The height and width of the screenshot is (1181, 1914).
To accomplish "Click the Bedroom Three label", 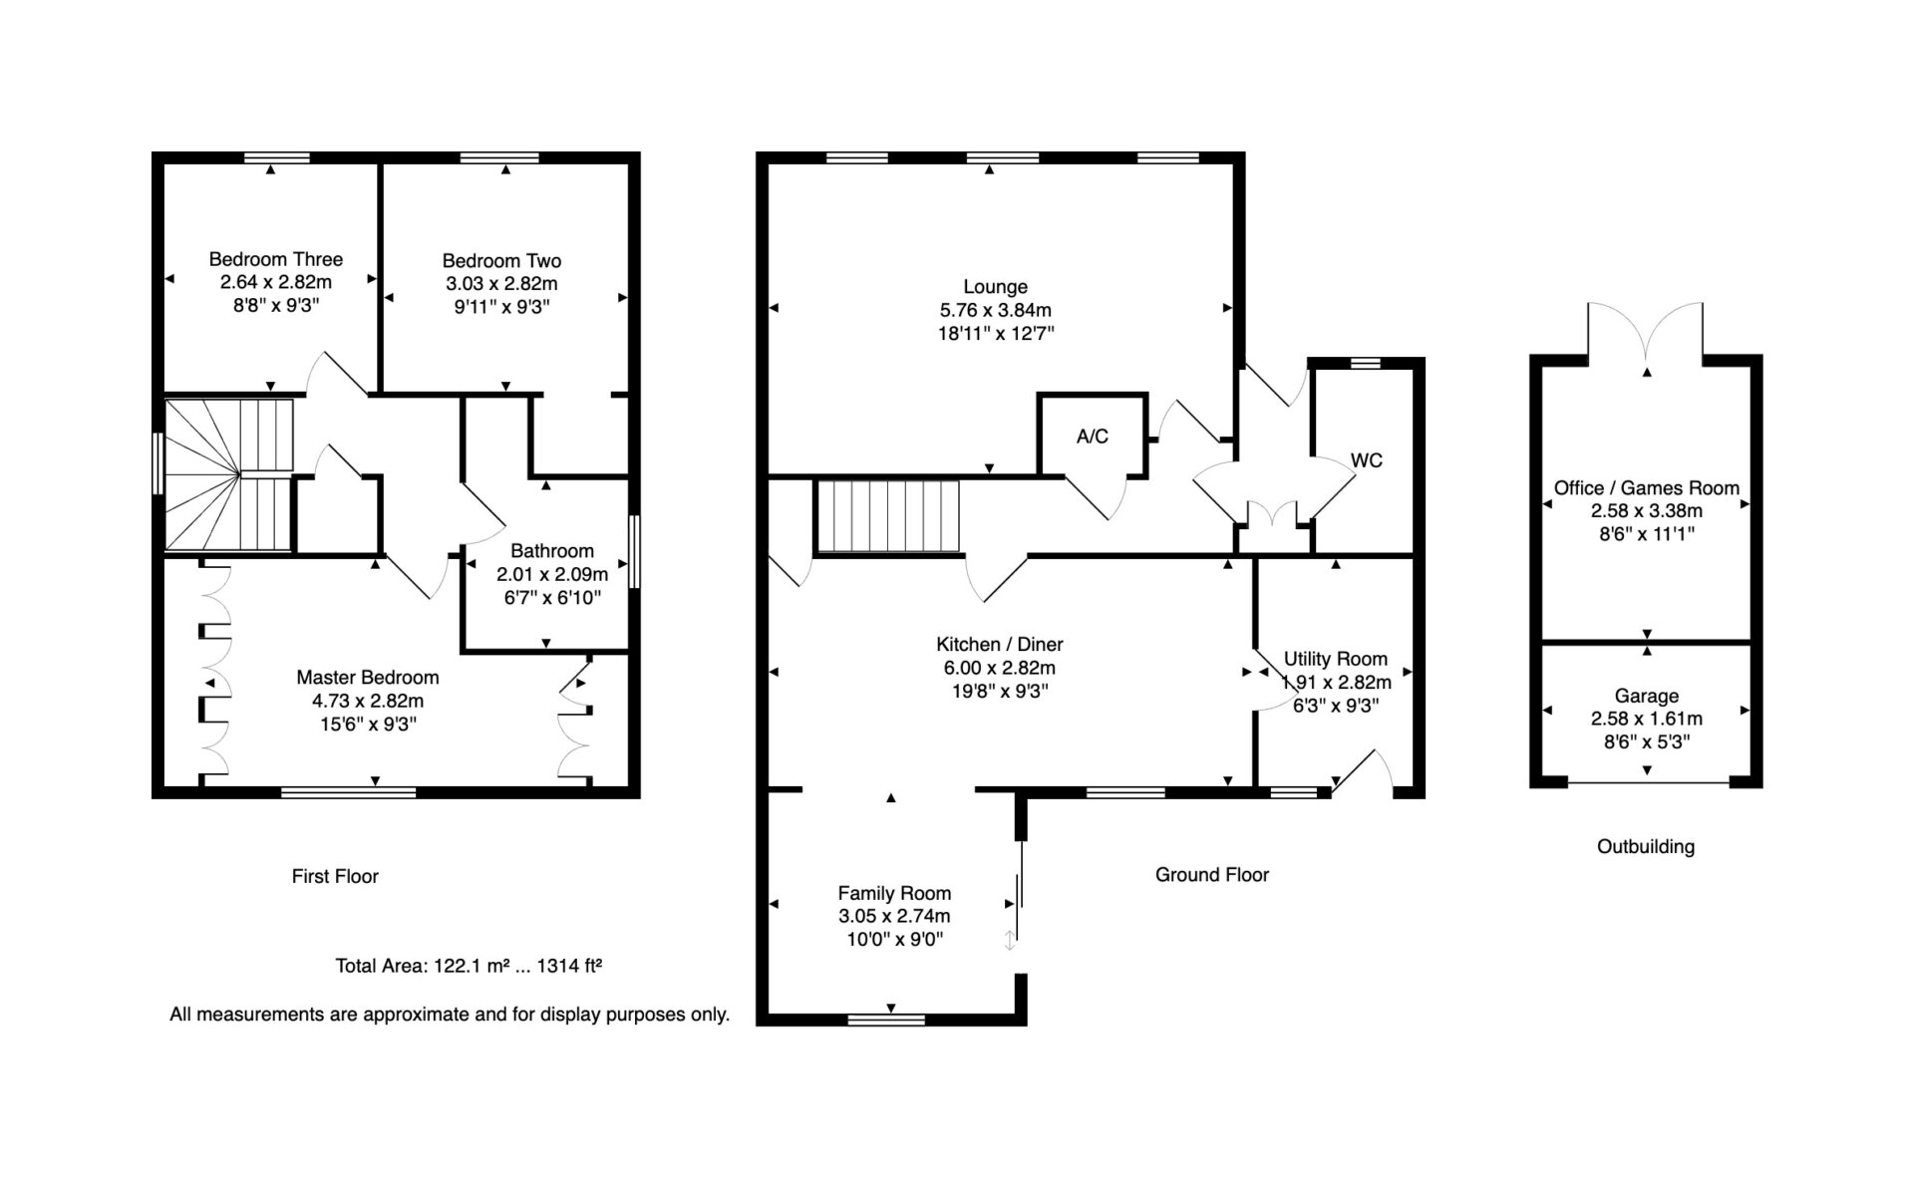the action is coord(276,259).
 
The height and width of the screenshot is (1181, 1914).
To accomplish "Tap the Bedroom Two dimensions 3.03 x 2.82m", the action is coord(501,283).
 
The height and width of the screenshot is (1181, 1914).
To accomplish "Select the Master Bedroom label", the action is coord(368,677).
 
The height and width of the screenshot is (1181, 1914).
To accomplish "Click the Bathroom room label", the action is coord(552,550).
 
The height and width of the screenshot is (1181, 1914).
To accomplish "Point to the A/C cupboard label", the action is coord(1093,437).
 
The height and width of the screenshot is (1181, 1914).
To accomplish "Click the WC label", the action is coord(1367,460).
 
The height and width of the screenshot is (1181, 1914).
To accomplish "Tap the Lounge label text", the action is coord(995,286).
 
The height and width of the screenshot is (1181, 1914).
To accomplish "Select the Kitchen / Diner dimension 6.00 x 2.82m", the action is coord(1000,668).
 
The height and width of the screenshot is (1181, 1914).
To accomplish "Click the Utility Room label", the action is coord(1336,659).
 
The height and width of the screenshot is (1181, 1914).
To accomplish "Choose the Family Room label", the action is coord(894,893).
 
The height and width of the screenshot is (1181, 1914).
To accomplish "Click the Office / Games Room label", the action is coord(1647,487).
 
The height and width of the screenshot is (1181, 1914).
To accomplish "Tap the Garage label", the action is coord(1647,696).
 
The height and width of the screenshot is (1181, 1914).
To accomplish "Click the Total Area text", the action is coord(469,965).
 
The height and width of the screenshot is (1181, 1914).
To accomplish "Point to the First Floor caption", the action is coord(335,876).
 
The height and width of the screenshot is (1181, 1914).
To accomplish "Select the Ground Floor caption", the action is coord(1212,874).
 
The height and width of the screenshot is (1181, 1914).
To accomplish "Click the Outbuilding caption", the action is coord(1646,846).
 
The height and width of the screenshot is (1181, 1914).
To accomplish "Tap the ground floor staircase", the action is coord(887,516).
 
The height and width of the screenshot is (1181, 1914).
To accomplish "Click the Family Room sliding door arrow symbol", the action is coord(1010,940).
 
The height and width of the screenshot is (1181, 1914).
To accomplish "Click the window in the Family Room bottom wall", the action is coord(886,1020).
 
